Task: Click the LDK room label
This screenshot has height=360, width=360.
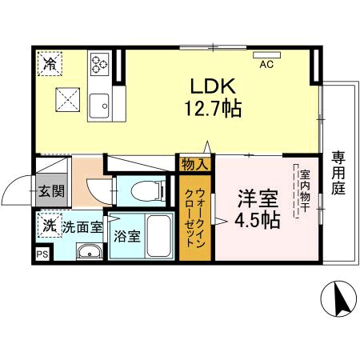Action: point(213,86)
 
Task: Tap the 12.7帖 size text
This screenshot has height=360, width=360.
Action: point(214,108)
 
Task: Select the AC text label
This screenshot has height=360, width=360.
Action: point(266,64)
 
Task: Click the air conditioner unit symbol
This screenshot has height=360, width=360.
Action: point(266,55)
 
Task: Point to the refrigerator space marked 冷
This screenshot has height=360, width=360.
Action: point(50,64)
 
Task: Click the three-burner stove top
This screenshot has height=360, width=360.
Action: point(99,64)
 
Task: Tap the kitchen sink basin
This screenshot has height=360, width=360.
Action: point(99,106)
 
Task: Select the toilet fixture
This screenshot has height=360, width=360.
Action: point(148,190)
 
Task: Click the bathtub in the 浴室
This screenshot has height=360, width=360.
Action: point(159,236)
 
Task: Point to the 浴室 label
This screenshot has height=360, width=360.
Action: point(127,236)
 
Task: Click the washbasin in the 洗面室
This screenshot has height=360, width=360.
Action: point(90,251)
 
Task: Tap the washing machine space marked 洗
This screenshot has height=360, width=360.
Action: point(50,225)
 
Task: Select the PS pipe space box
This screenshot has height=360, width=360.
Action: point(42,254)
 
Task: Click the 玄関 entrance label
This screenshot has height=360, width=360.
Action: point(51,191)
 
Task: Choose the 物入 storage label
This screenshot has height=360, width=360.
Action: point(195,165)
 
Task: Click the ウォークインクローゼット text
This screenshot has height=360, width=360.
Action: point(195,218)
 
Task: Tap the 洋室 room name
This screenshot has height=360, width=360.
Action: point(258,198)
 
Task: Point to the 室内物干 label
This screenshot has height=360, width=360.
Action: point(305,191)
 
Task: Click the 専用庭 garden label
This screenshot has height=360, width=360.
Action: point(338,173)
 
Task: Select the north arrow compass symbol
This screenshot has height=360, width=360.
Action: point(338,298)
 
